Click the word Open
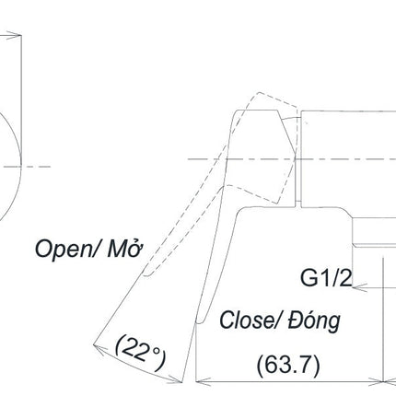pyautogui.click(x=63, y=250)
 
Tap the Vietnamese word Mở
pyautogui.click(x=125, y=248)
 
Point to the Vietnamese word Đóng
pyautogui.click(x=314, y=321)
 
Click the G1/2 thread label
pyautogui.click(x=326, y=278)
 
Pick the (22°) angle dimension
pyautogui.click(x=140, y=353)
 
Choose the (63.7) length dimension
pyautogui.click(x=288, y=365)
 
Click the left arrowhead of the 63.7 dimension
pyautogui.click(x=203, y=382)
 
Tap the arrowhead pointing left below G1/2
pyautogui.click(x=359, y=287)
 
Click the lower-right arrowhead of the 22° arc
pyautogui.click(x=176, y=379)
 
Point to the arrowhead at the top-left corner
pyautogui.click(x=14, y=35)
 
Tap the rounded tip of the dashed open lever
pyautogui.click(x=146, y=274)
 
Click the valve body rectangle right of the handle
pyautogui.click(x=348, y=159)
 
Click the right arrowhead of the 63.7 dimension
pyautogui.click(x=377, y=382)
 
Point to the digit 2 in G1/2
pyautogui.click(x=345, y=278)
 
